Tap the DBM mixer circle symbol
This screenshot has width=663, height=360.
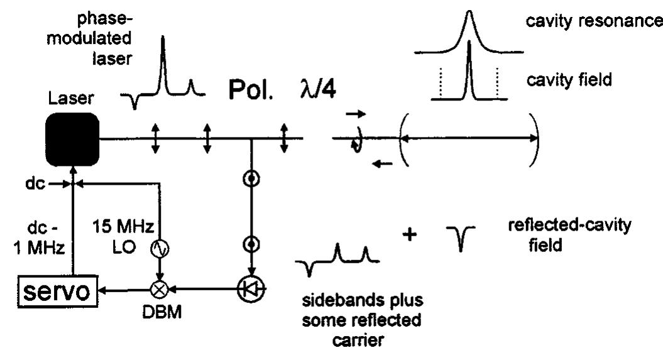coord(160,290)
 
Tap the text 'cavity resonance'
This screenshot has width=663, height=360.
coord(593,22)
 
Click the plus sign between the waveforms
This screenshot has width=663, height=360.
coord(413,239)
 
